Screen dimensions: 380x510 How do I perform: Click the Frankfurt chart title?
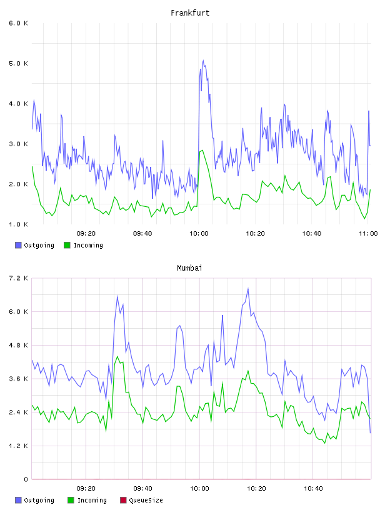click(x=190, y=13)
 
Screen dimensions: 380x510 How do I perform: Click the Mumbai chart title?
click(x=189, y=268)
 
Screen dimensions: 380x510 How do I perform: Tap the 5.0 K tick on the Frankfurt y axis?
click(x=18, y=63)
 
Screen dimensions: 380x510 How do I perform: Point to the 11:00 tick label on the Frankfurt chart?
click(x=368, y=234)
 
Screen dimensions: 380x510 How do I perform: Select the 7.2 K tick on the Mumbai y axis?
click(x=18, y=278)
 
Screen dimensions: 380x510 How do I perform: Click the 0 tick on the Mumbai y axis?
click(x=26, y=479)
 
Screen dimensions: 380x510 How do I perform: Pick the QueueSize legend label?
click(x=146, y=500)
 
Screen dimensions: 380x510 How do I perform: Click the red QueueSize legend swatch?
click(x=123, y=500)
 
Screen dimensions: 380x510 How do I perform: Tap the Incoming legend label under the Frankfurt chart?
click(x=88, y=245)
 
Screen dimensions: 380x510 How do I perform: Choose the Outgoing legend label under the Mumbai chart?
click(x=39, y=500)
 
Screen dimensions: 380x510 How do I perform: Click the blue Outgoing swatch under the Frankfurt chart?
click(x=18, y=245)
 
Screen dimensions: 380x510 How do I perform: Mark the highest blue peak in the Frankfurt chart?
click(x=203, y=61)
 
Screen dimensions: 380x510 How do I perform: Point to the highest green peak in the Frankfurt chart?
click(x=202, y=150)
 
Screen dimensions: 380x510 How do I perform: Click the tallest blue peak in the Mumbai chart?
click(x=248, y=289)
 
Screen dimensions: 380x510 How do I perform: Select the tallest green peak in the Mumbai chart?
click(x=117, y=356)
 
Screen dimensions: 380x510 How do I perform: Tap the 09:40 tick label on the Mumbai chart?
click(x=142, y=489)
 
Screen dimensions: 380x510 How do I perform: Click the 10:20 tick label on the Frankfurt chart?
click(x=255, y=234)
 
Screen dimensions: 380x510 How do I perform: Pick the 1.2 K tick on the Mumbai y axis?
click(x=18, y=446)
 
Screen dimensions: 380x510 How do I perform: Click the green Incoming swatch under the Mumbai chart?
click(x=71, y=500)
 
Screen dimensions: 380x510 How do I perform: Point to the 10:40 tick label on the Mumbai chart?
click(x=313, y=489)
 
